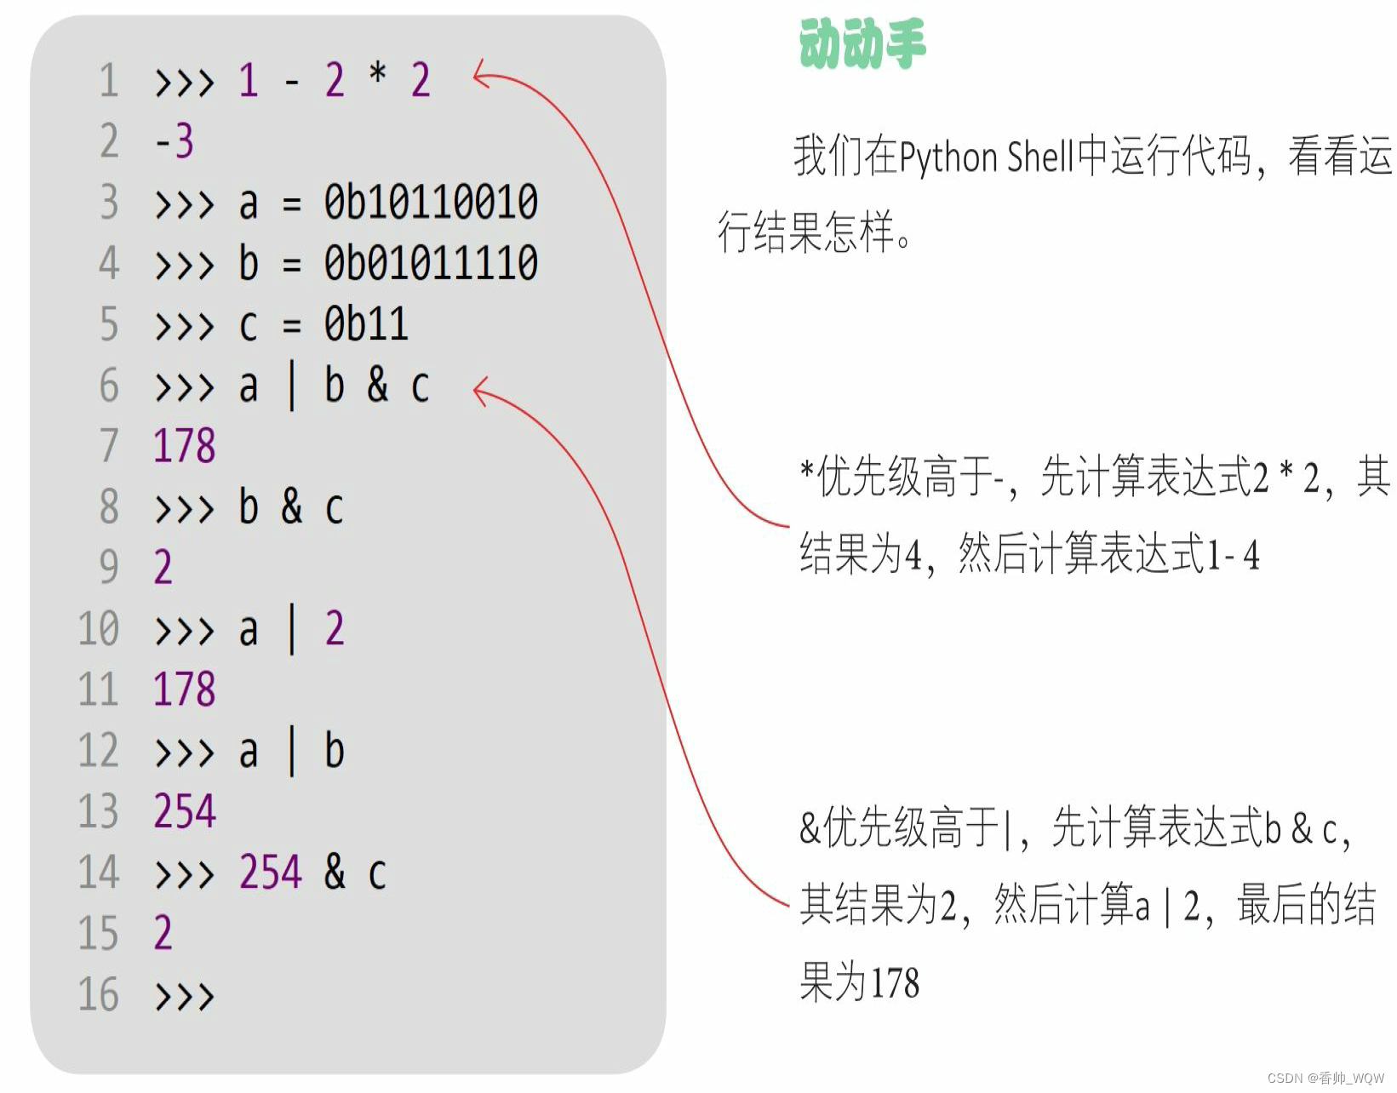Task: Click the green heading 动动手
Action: click(862, 43)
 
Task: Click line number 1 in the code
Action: click(108, 81)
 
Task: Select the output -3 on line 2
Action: click(175, 141)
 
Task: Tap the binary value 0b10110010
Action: click(431, 203)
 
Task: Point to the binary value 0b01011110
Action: click(431, 263)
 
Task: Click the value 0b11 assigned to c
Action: click(366, 324)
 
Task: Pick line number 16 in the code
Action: click(99, 994)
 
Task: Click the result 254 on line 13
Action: click(185, 811)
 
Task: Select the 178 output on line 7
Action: click(184, 446)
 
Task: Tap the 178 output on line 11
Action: click(184, 690)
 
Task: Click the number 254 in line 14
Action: click(271, 873)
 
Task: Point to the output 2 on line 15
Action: click(163, 933)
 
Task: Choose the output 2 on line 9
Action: click(163, 568)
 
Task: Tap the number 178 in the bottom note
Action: click(895, 983)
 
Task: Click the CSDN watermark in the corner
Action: click(1325, 1078)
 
